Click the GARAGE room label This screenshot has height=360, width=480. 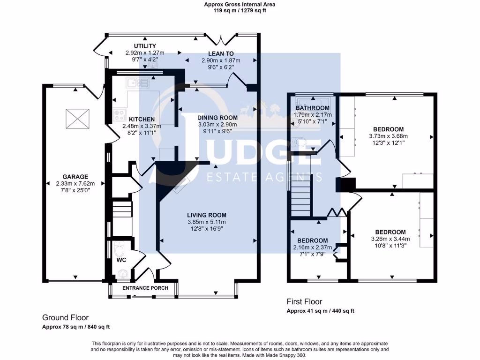[75, 177]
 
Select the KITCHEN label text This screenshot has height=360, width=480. [142, 119]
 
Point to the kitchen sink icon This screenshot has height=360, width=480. [137, 82]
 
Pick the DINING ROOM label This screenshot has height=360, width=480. [217, 118]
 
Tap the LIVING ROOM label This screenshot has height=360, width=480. [207, 215]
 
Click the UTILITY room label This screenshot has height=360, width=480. [145, 46]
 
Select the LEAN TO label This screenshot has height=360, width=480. [221, 53]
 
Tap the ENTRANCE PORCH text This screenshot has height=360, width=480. [145, 288]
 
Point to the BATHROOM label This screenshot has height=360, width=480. [313, 108]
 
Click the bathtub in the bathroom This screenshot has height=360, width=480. [313, 102]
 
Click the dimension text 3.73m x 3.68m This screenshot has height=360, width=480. [389, 136]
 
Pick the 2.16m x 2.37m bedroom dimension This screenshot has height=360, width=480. [313, 247]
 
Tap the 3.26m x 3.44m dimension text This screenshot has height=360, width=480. [390, 239]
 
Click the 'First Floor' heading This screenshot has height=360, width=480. [304, 302]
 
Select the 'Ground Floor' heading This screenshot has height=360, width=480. [65, 318]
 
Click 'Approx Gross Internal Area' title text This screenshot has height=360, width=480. [240, 5]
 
